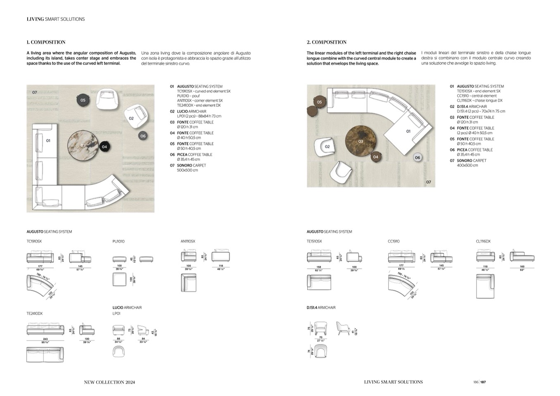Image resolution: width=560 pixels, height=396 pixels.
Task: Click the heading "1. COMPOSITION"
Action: click(46, 42)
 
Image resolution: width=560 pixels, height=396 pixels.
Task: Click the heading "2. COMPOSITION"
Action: click(326, 42)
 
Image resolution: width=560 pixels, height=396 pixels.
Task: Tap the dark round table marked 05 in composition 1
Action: click(83, 100)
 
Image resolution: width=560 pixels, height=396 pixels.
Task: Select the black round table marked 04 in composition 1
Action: click(104, 147)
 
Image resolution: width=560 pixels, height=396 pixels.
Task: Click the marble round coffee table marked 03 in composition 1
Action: click(83, 145)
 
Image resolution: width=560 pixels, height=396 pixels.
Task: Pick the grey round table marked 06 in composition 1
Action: click(143, 136)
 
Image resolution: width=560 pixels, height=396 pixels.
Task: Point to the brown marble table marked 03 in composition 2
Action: click(361, 141)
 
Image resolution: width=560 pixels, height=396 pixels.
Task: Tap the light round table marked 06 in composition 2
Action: click(418, 157)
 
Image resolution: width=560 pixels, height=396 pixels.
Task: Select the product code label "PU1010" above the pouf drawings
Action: click(118, 242)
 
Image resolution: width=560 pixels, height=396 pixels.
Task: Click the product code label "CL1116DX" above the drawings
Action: click(483, 242)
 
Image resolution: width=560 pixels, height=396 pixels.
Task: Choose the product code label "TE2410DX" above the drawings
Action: click(35, 314)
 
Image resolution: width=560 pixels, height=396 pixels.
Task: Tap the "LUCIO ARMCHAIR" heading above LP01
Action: click(127, 308)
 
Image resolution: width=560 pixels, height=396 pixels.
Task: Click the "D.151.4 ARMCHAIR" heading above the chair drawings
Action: click(321, 308)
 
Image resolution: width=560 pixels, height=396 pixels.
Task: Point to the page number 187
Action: click(483, 382)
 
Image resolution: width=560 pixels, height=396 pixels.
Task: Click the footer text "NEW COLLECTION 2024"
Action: click(109, 382)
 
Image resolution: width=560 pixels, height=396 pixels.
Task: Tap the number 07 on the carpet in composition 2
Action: click(428, 182)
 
